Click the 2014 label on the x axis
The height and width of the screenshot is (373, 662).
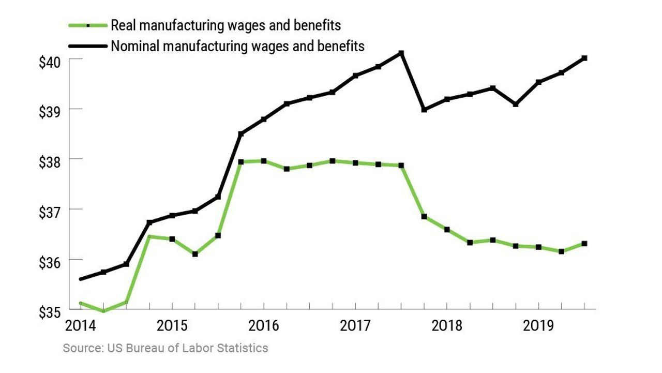pyautogui.click(x=81, y=326)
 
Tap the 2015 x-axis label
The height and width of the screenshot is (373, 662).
pyautogui.click(x=173, y=326)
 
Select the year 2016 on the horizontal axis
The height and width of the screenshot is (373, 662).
pyautogui.click(x=264, y=326)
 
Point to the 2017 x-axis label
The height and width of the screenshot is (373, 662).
pyautogui.click(x=356, y=326)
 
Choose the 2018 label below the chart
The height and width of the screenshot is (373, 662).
pyautogui.click(x=447, y=326)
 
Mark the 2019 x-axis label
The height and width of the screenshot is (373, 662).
pyautogui.click(x=539, y=326)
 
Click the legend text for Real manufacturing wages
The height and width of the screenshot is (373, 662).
pyautogui.click(x=226, y=25)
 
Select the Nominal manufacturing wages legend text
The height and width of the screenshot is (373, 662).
pyautogui.click(x=237, y=46)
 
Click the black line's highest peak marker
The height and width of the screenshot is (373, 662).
pyautogui.click(x=401, y=53)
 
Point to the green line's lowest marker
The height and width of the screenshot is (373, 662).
pyautogui.click(x=103, y=311)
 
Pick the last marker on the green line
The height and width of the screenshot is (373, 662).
pyautogui.click(x=584, y=244)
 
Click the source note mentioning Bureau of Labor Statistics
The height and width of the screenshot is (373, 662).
pyautogui.click(x=165, y=348)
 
